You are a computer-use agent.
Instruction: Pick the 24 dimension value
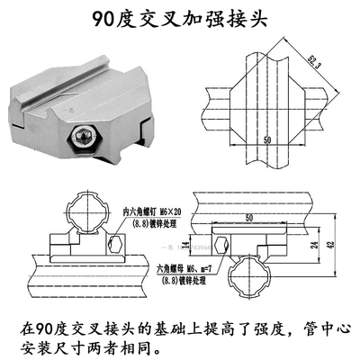click(x=312, y=244)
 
